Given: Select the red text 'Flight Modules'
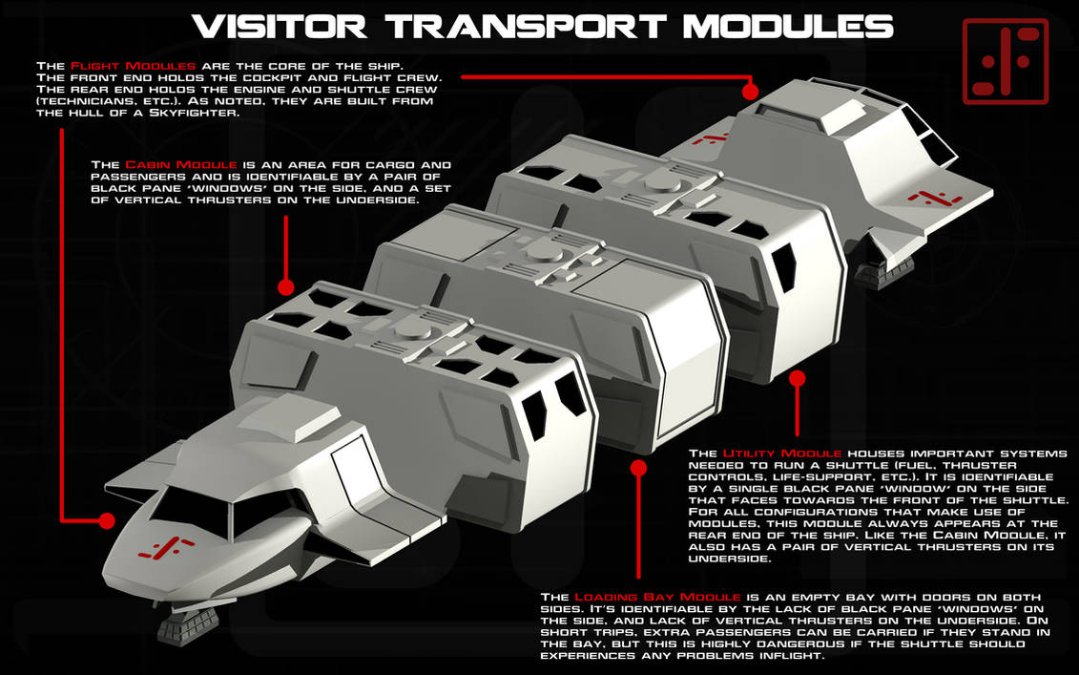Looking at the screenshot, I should point(120,64).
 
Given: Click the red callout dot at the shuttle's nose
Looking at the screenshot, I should point(106,521).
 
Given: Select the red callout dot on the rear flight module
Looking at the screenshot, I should point(750,92).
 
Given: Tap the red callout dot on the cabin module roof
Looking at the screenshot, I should point(284,286).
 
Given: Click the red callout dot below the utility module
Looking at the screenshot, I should point(798,379).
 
